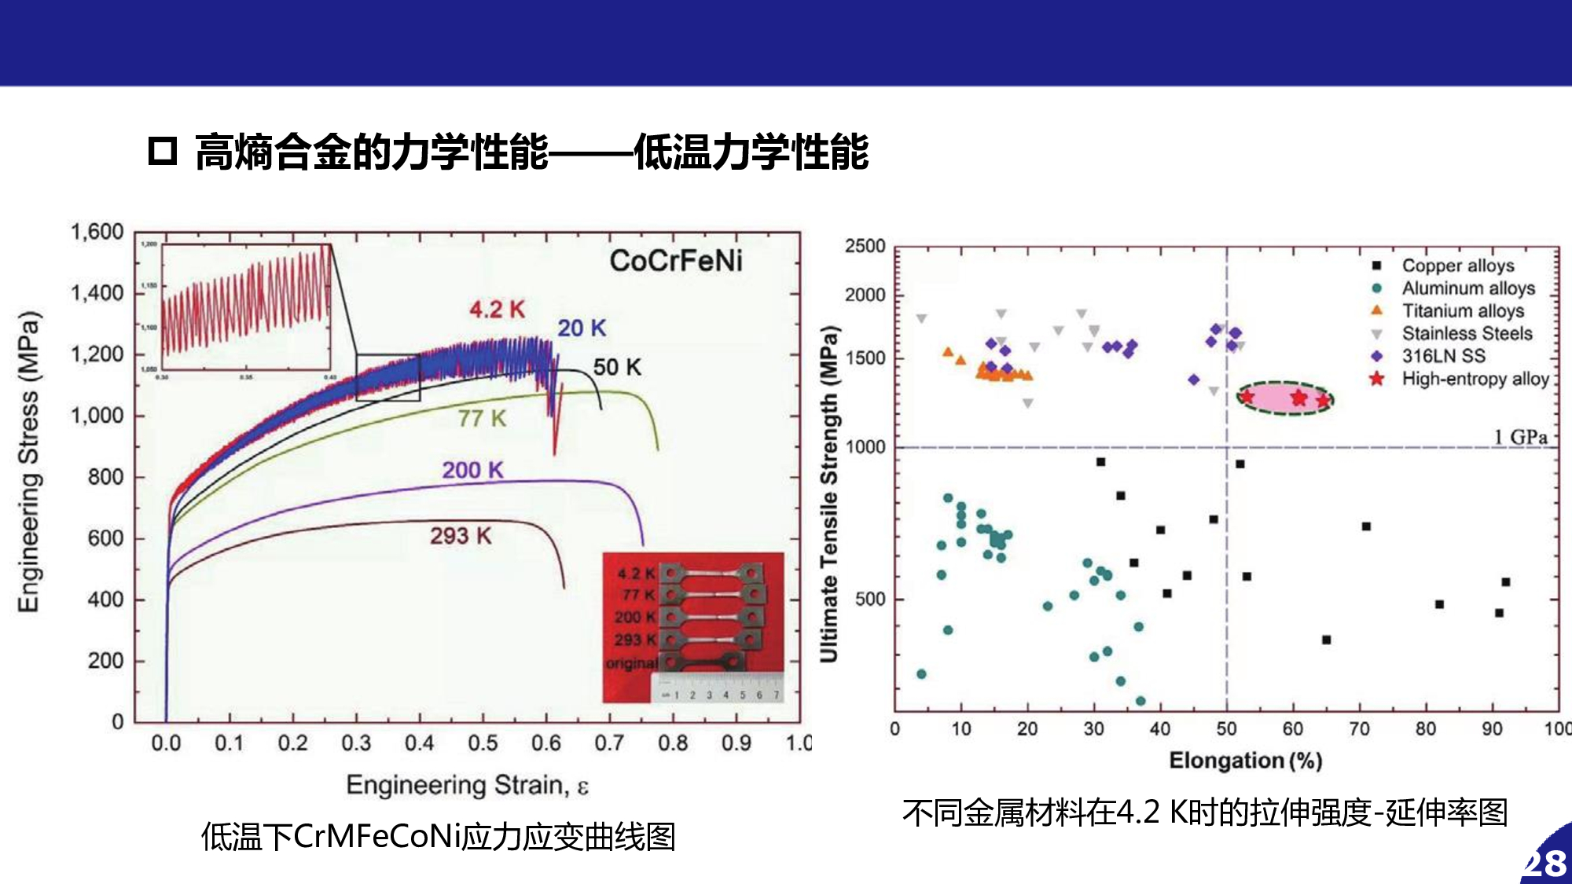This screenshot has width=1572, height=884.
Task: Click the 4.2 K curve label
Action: point(497,310)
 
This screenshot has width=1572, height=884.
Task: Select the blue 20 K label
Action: point(582,328)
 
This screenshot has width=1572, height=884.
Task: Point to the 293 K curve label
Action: point(461,536)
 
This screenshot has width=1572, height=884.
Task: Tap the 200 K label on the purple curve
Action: point(472,470)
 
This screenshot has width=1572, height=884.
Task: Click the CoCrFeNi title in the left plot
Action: point(676,261)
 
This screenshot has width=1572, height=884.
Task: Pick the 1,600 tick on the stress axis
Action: point(97,232)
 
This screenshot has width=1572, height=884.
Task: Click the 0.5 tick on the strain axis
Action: point(483,743)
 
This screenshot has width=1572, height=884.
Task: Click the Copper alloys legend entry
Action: point(1457,266)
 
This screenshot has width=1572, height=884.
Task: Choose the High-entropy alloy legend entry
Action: point(1475,379)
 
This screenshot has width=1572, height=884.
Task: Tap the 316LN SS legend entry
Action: point(1444,356)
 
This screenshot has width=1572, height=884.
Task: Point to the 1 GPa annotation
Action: point(1520,437)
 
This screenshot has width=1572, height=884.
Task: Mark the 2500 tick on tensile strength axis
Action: point(865,246)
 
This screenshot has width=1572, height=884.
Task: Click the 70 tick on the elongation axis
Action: point(1359,729)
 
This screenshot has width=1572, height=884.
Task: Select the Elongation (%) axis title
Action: point(1245,761)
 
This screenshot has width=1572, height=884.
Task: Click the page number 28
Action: point(1546,864)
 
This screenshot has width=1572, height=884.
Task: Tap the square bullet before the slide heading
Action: point(163,151)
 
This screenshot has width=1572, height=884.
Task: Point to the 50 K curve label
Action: point(617,367)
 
